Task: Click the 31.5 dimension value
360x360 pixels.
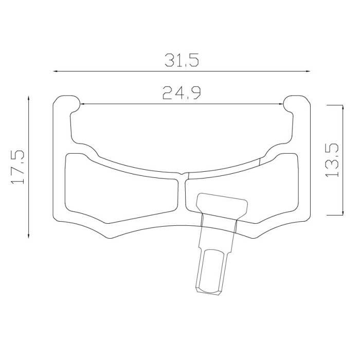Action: click(182, 60)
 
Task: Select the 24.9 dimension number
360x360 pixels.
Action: click(182, 93)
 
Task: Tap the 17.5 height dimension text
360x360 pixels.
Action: click(17, 167)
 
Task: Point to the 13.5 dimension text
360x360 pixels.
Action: click(332, 160)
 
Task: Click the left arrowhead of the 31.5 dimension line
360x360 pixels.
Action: click(56, 71)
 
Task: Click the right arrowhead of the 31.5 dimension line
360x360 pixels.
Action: click(308, 71)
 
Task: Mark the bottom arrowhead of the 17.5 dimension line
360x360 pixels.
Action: click(28, 236)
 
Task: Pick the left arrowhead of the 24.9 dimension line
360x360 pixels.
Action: click(83, 104)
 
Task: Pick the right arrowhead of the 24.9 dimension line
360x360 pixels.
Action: click(281, 104)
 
